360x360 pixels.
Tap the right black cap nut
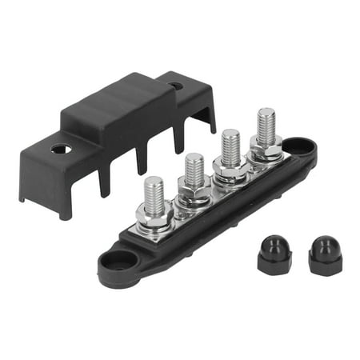pos(325,256)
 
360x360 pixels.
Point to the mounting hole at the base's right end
pos(301,146)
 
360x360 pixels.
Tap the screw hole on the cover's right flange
pos(176,85)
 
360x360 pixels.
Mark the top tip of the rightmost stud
pos(266,111)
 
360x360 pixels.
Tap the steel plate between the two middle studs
pos(212,192)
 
